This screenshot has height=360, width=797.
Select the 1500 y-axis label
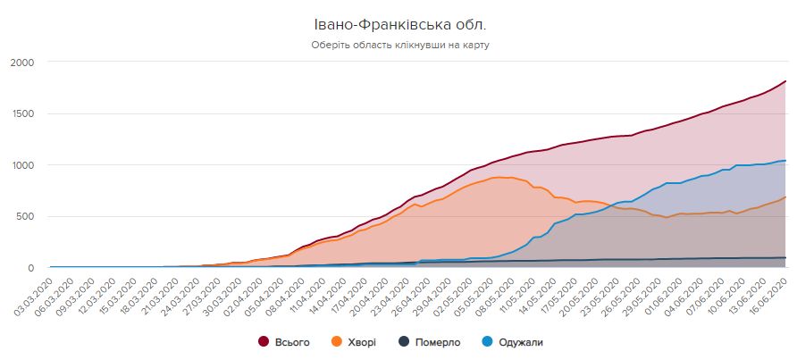pyautogui.click(x=21, y=113)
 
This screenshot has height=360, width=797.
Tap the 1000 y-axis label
pyautogui.click(x=21, y=165)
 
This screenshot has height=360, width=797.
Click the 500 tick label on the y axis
pyautogui.click(x=24, y=216)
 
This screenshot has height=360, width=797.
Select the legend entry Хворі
pyautogui.click(x=361, y=341)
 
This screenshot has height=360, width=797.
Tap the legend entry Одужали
pyautogui.click(x=518, y=341)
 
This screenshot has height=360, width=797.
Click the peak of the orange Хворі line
pyautogui.click(x=506, y=177)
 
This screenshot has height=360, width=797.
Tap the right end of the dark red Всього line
pyautogui.click(x=785, y=81)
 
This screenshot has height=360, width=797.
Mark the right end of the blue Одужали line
pyautogui.click(x=785, y=161)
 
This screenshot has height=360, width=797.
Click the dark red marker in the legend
pyautogui.click(x=264, y=341)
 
